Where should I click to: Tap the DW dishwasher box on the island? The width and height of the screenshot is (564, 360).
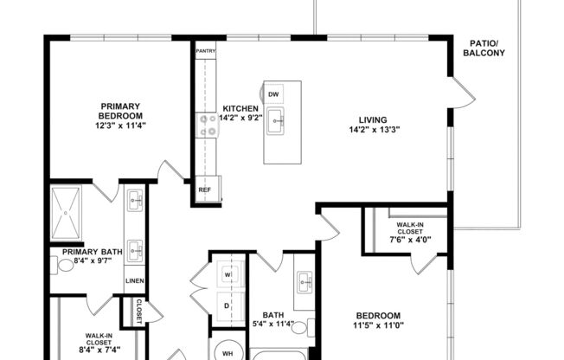(273, 93)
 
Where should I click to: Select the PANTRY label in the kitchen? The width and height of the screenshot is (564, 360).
(205, 52)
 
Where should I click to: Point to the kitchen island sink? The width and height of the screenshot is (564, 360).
(275, 120)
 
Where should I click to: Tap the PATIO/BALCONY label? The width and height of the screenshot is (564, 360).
(487, 48)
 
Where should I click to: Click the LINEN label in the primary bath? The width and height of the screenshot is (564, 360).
(134, 281)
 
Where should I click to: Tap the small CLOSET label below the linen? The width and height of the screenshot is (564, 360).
(138, 308)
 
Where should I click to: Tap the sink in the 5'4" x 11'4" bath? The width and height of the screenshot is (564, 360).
(304, 281)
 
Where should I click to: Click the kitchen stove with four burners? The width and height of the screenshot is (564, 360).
(208, 126)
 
